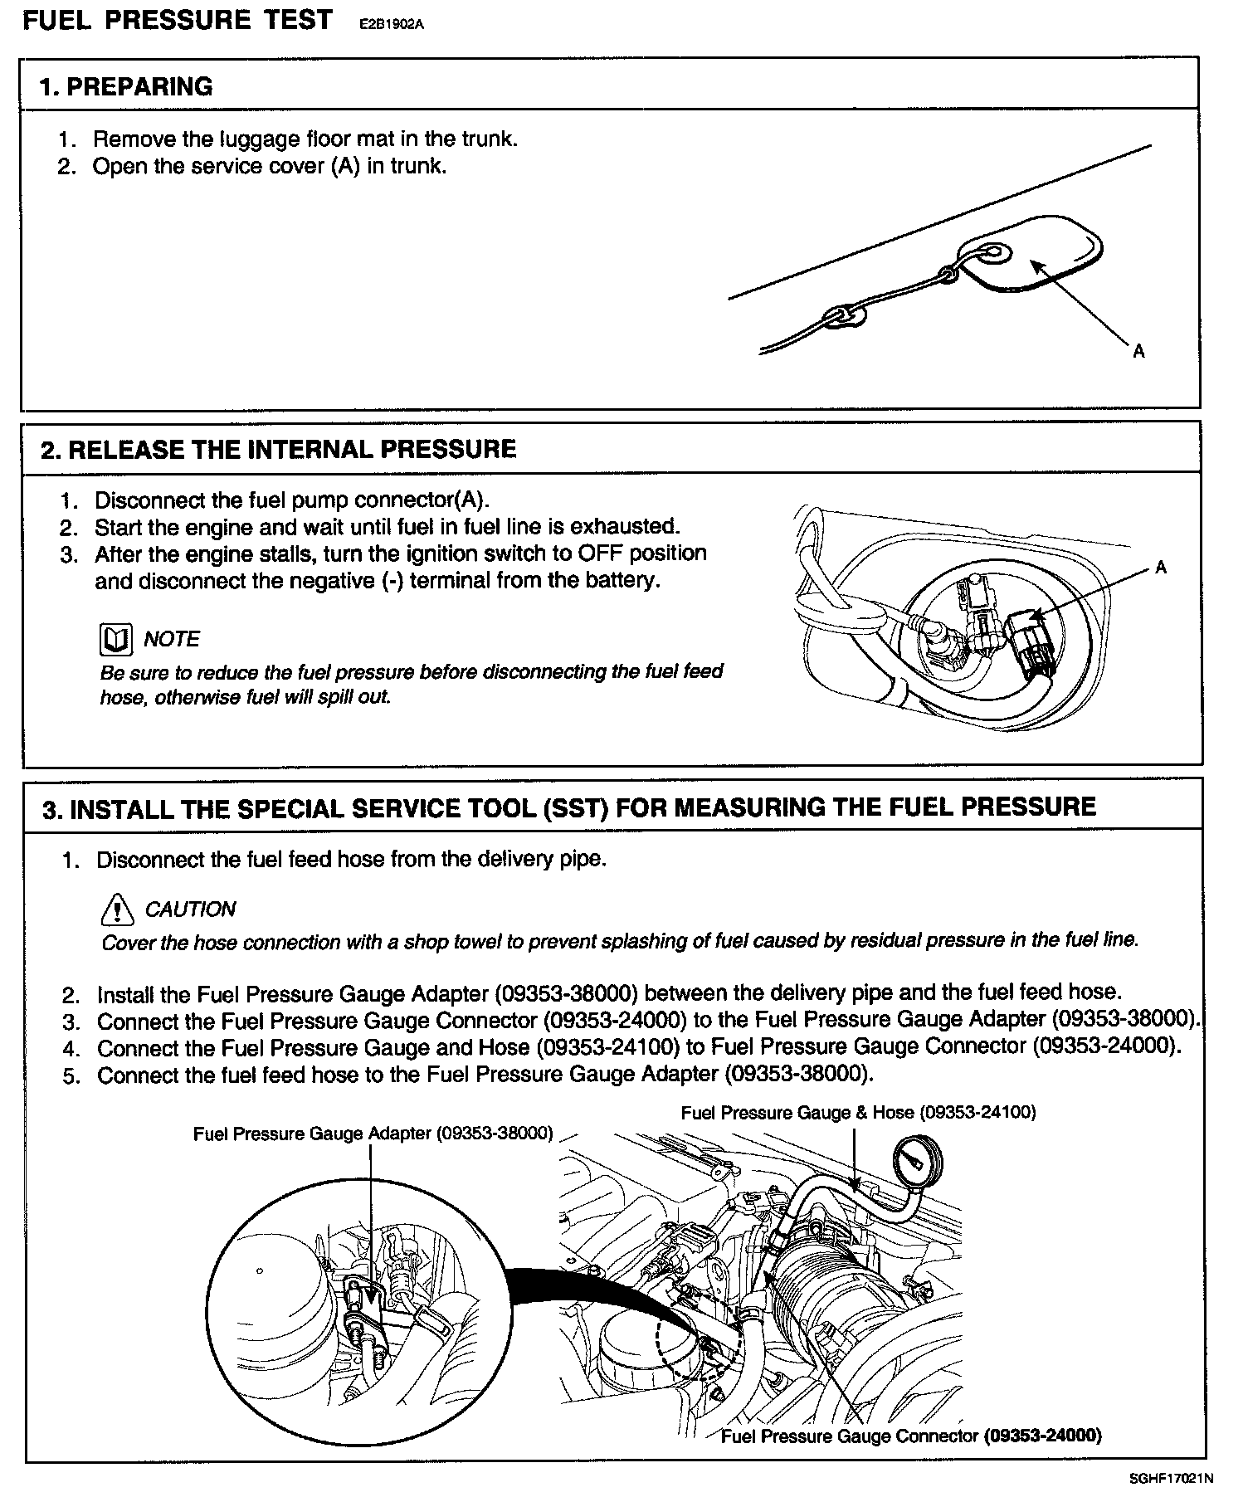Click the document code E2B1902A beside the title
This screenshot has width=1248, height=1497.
click(x=391, y=24)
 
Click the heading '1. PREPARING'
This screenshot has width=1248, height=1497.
click(x=126, y=86)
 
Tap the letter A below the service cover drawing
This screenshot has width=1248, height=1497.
click(x=1138, y=351)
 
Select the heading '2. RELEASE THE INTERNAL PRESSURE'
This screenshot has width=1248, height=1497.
click(x=279, y=449)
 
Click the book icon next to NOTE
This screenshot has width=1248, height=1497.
click(x=115, y=639)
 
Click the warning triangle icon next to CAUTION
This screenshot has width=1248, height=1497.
click(x=117, y=909)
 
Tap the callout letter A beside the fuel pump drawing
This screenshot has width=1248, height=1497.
click(x=1161, y=568)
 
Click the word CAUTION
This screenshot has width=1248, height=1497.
click(x=190, y=909)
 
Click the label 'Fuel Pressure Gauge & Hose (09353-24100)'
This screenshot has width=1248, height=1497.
click(x=858, y=1112)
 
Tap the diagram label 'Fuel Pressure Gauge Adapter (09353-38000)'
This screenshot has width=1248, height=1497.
click(x=373, y=1134)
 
